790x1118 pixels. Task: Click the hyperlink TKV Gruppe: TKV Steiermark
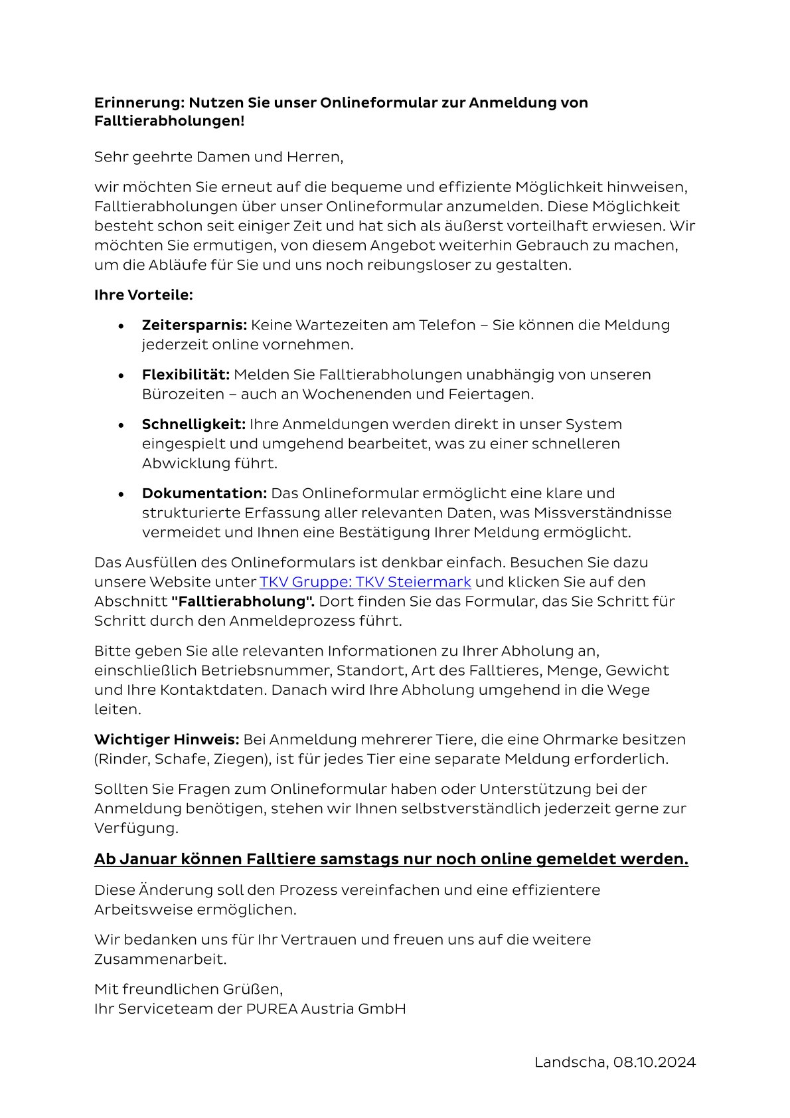coord(365,582)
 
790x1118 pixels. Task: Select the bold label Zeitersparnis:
coord(194,325)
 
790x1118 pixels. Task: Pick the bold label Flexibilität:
coord(185,375)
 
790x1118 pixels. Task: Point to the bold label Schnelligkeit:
coord(193,424)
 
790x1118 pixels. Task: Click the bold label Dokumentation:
coord(204,494)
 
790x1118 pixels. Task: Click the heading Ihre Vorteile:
coord(143,294)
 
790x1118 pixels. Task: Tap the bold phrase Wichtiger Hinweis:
coord(166,739)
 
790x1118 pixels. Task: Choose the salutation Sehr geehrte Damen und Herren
coord(218,157)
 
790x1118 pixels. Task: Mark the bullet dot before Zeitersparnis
coord(121,326)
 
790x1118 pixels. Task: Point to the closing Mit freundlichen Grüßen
coord(189,989)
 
